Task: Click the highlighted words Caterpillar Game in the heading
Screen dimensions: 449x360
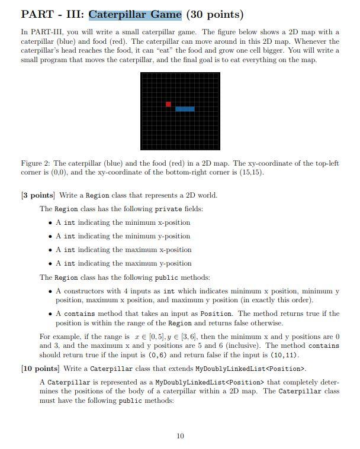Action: tap(135, 14)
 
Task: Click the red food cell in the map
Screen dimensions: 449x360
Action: tap(169, 104)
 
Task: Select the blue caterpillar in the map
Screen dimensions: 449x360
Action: tap(185, 109)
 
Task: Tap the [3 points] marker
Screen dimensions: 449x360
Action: tap(38, 195)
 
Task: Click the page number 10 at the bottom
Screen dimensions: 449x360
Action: tap(180, 436)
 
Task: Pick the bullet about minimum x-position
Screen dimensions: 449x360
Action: tap(123, 222)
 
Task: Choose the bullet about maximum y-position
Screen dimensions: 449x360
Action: tap(123, 263)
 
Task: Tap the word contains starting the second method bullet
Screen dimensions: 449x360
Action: tap(79, 314)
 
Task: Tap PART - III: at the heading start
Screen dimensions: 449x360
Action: tap(53, 14)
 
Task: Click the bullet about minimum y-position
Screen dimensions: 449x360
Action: tap(123, 236)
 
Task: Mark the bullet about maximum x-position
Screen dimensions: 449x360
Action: tap(123, 250)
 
